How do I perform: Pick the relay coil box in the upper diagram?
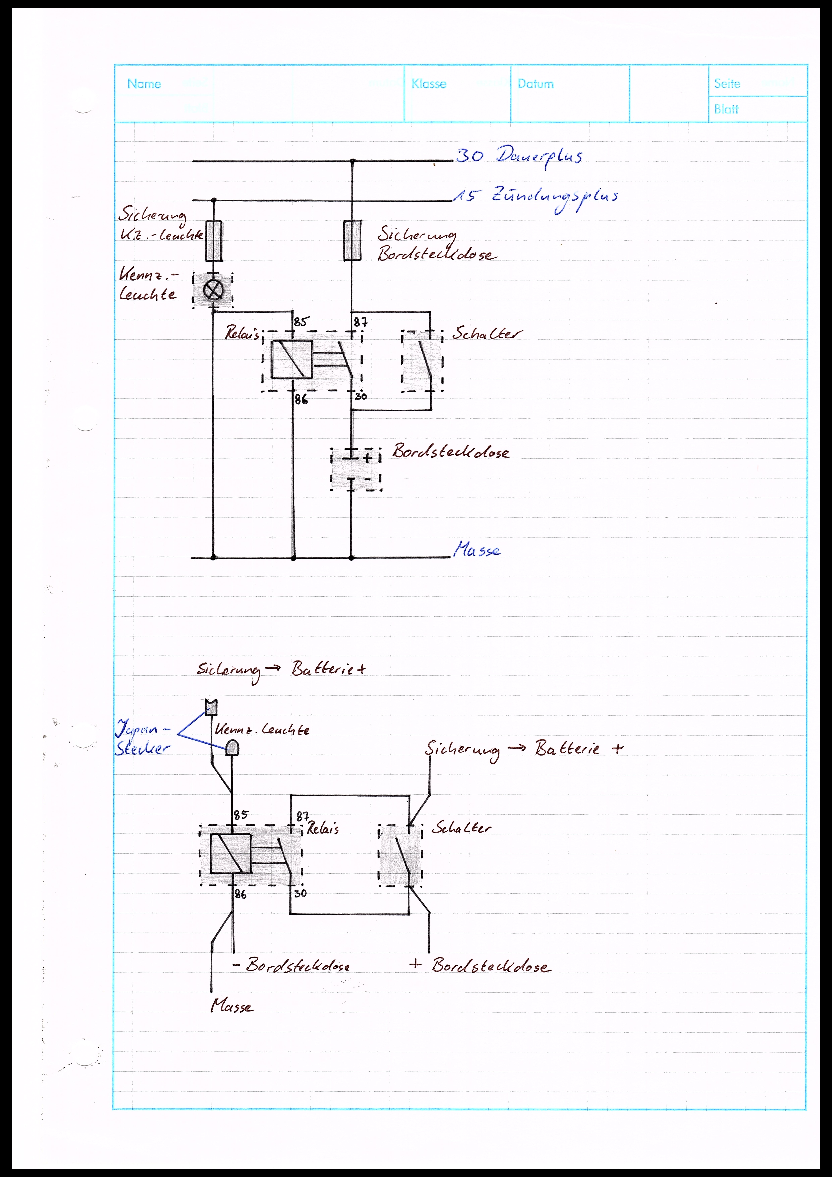[291, 359]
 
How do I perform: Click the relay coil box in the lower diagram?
[231, 853]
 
